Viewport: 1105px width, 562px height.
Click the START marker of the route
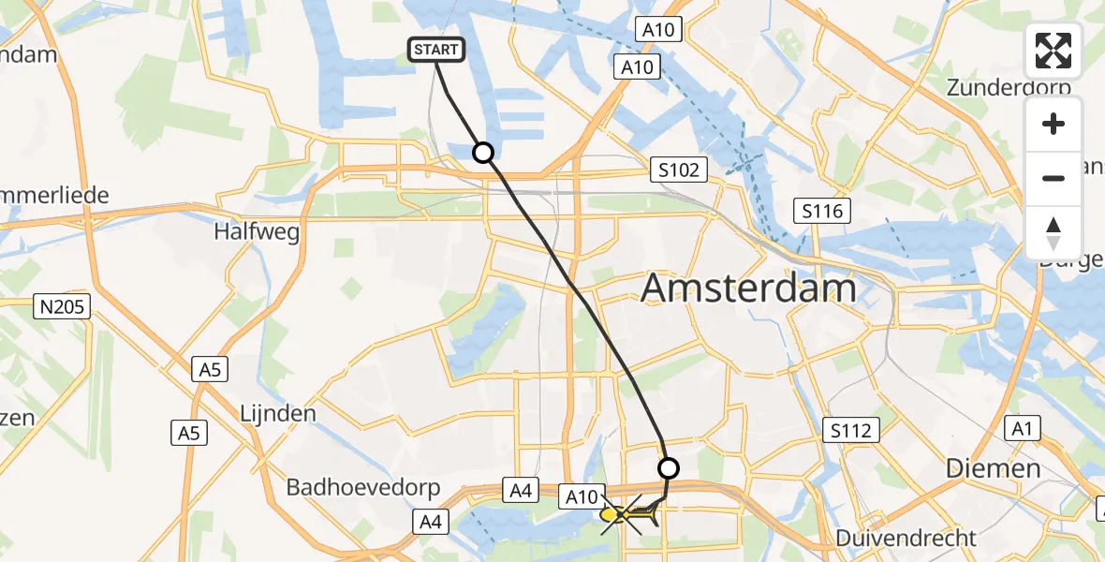[x=436, y=50]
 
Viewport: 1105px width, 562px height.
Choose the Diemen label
[x=993, y=468]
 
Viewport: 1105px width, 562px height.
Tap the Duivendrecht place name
[x=906, y=539]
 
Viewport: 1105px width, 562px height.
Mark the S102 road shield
[x=677, y=170]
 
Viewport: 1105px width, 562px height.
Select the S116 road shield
[x=822, y=211]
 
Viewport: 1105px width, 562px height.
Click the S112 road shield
[x=850, y=431]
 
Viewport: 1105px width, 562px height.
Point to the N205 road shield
[x=62, y=305]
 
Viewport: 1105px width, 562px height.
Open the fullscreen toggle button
[x=1053, y=51]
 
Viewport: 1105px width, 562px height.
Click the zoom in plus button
[x=1053, y=124]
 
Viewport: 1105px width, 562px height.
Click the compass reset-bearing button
[x=1053, y=232]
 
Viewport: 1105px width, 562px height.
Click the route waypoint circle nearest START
[x=482, y=152]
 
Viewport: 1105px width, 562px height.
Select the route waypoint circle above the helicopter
[x=669, y=467]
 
